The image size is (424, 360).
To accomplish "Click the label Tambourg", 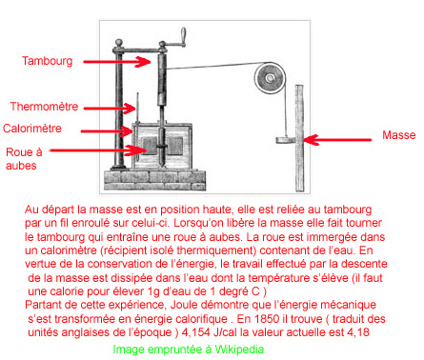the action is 48,61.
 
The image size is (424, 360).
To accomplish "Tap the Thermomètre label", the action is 44,107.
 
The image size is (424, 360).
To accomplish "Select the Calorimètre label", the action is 32,129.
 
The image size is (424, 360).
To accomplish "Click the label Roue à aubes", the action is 24,159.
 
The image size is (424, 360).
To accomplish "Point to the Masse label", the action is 399,135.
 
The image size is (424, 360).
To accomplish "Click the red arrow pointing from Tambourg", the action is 117,62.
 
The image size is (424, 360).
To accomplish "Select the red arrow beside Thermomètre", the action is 110,109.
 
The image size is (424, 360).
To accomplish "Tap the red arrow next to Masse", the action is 337,140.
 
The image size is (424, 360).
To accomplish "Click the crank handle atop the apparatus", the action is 183,34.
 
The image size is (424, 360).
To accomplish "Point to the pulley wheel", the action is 270,78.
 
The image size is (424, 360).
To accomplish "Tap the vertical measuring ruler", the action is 299,138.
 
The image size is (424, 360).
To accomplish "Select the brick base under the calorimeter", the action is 155,180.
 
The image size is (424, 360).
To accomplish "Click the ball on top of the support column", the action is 119,43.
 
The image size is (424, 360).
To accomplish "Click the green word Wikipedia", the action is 239,350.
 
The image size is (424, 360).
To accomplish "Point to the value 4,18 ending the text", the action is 358,332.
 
